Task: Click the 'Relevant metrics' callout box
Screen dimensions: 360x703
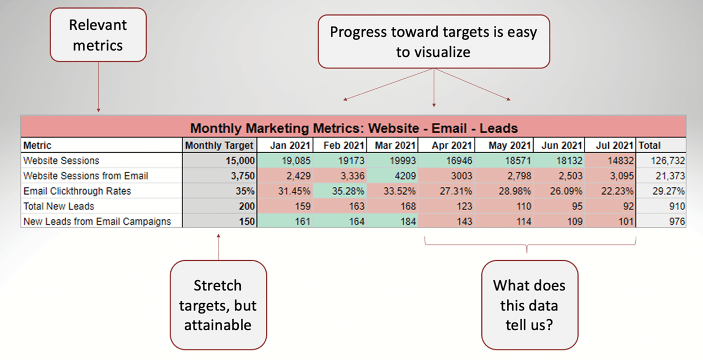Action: coord(98,34)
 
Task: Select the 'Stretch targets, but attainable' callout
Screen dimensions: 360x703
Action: coord(218,305)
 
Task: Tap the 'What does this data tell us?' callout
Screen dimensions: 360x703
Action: coord(529,305)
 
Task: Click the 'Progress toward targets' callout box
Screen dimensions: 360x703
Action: coord(433,42)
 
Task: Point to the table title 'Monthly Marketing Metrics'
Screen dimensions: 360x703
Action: coord(353,128)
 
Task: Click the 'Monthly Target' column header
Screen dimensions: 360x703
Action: coord(219,146)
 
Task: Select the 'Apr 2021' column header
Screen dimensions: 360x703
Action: coord(452,146)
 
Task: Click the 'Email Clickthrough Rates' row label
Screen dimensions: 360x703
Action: coord(77,191)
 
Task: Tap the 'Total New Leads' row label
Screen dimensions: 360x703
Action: coord(58,206)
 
